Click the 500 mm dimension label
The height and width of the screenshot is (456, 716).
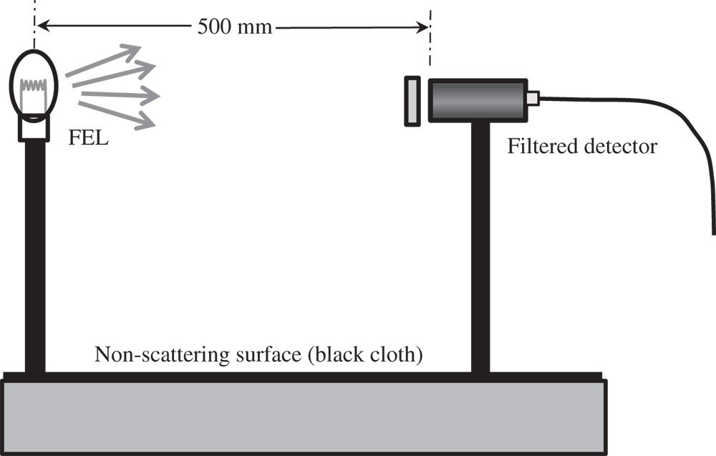(x=235, y=28)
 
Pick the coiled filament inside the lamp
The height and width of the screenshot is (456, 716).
(x=34, y=90)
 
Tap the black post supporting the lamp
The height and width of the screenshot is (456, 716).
(x=35, y=258)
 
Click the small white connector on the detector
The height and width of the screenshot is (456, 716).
(x=532, y=98)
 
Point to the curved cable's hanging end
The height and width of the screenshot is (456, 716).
(x=713, y=229)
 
